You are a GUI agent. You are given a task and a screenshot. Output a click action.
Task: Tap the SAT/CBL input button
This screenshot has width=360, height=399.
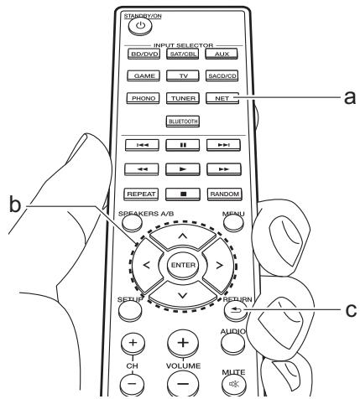click(x=182, y=54)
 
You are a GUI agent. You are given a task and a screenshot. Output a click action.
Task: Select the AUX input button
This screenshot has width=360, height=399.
click(x=222, y=54)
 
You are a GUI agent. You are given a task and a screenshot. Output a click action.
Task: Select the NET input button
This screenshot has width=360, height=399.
click(x=222, y=98)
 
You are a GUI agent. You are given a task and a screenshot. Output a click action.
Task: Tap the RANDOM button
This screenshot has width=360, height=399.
click(x=222, y=194)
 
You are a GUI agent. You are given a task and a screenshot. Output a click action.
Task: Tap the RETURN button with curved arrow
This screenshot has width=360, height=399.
click(x=232, y=308)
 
